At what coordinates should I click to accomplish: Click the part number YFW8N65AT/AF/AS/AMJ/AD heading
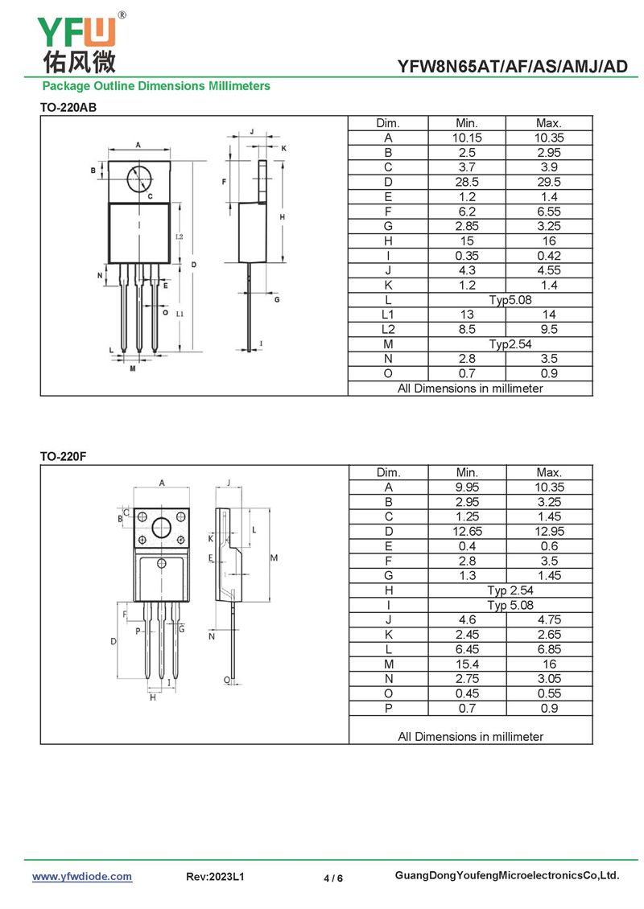(512, 67)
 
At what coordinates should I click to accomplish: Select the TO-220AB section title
(68, 107)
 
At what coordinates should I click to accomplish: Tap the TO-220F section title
(63, 456)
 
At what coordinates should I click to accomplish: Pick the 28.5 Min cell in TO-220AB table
(467, 182)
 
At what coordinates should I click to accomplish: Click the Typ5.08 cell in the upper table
(510, 300)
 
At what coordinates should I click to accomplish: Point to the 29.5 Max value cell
(548, 182)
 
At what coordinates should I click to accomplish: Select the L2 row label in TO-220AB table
(388, 329)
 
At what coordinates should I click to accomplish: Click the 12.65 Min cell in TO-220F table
(468, 531)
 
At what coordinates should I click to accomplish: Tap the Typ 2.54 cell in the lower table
(510, 590)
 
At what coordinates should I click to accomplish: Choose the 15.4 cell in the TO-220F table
(468, 664)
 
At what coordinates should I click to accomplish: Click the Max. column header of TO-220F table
(549, 472)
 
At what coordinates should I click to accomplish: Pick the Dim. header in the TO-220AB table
(388, 123)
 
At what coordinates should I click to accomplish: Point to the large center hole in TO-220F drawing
(162, 528)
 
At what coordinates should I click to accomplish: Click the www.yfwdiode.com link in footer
(82, 877)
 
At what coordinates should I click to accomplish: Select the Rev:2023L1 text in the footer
(215, 877)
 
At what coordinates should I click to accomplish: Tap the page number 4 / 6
(333, 878)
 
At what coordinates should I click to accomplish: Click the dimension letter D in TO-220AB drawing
(194, 265)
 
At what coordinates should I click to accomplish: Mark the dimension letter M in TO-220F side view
(274, 557)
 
